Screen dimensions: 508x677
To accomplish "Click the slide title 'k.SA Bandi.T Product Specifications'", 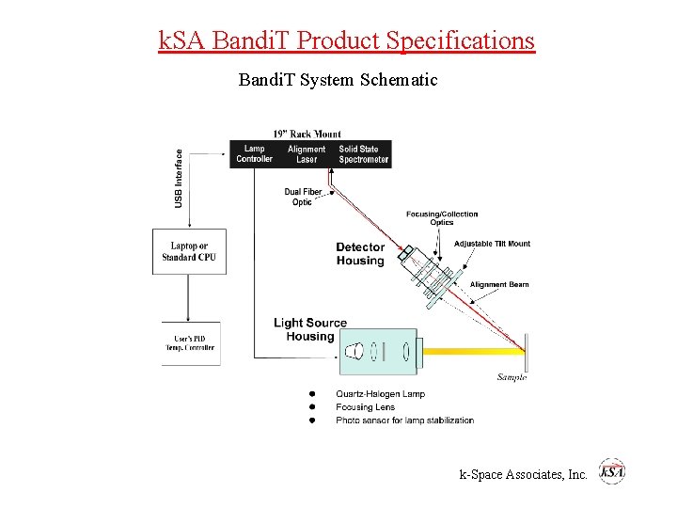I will pos(346,40).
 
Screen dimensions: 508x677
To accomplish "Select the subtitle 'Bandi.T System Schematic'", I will pos(338,80).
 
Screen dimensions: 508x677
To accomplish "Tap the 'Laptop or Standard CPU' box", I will pos(189,251).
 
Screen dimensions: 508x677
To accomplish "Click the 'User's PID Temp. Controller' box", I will pos(190,342).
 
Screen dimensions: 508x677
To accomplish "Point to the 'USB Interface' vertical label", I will pos(179,178).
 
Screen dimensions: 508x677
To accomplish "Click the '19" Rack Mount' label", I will pos(307,134).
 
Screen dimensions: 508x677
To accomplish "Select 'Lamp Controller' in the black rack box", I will pos(254,154).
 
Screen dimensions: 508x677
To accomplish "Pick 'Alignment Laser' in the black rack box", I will pos(307,154).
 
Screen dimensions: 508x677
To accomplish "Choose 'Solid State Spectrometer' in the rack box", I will pos(363,154).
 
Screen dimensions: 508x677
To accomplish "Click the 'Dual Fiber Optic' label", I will pos(303,197).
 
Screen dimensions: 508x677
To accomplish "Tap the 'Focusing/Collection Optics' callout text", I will pos(441,218).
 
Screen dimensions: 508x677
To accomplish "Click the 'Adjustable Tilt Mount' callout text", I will pos(492,244).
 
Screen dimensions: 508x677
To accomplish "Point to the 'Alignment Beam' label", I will pos(499,284).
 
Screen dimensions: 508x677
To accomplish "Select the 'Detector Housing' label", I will pos(360,254).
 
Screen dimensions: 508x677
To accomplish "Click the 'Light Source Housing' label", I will pos(309,329).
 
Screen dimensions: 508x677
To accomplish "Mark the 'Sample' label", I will pos(512,377).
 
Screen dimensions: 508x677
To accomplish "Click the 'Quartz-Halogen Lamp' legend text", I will pos(380,393).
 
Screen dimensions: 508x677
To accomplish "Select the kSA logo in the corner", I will pos(612,472).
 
